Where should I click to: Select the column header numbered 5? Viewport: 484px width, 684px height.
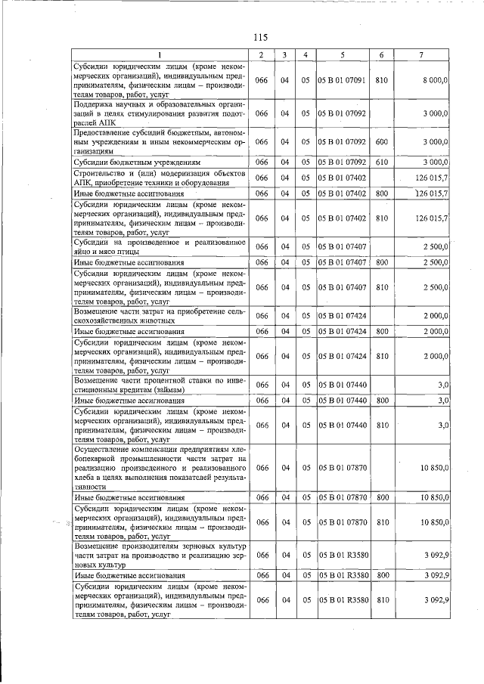(342, 55)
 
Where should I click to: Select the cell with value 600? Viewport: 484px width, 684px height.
(382, 141)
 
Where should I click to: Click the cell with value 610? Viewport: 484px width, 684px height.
(382, 162)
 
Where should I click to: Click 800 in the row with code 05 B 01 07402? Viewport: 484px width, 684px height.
(382, 194)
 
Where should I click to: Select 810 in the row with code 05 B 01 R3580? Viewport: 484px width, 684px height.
(382, 600)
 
